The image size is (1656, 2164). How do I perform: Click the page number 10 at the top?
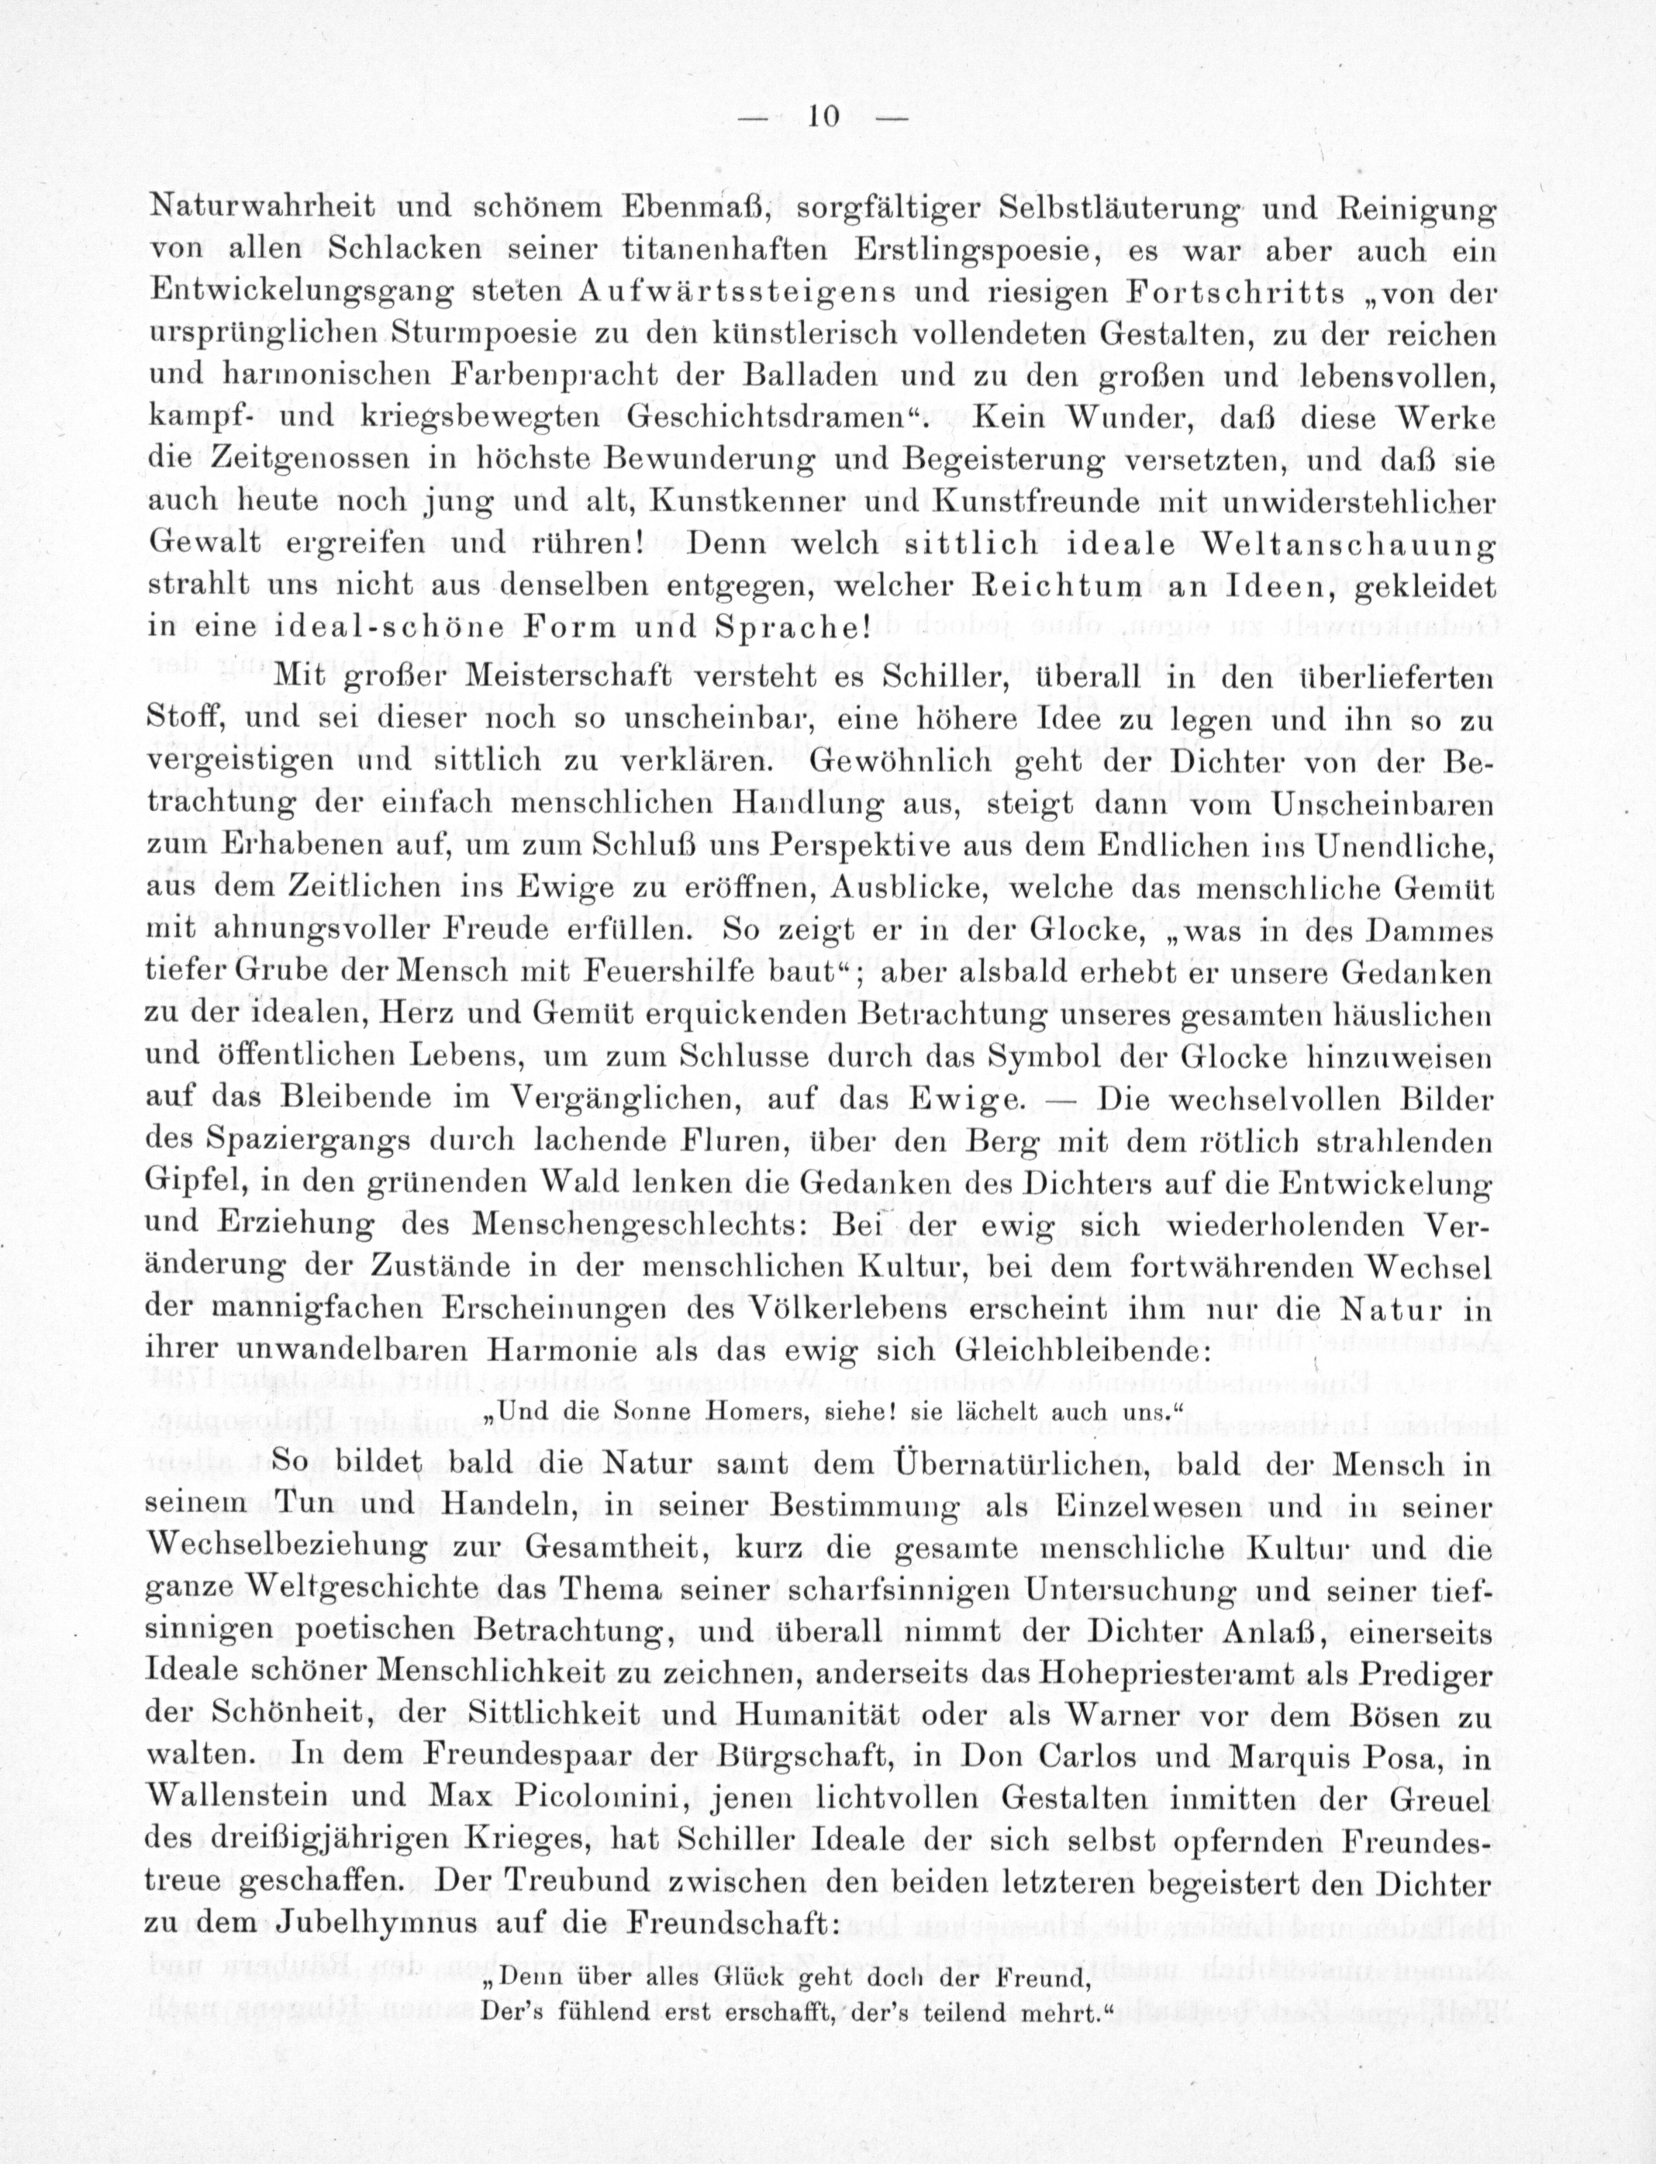pos(823,116)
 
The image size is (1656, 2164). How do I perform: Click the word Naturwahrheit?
pos(261,207)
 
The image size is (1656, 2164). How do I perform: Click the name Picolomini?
pos(562,1800)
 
